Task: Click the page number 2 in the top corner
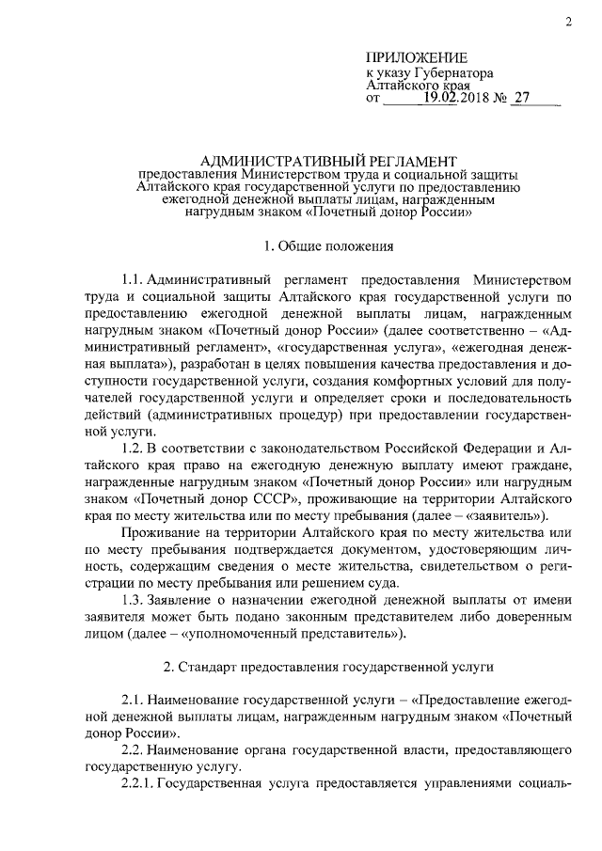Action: [569, 22]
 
